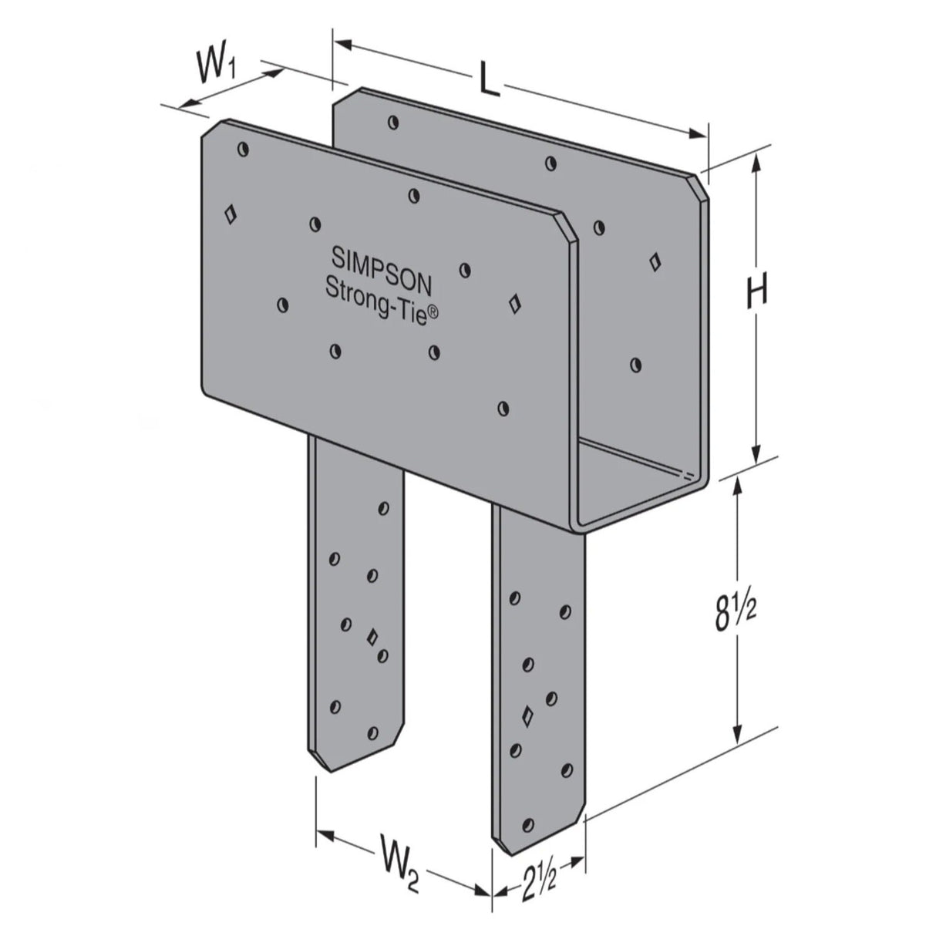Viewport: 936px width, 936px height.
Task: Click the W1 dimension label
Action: tap(215, 67)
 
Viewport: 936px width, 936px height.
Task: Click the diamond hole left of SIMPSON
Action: tap(229, 214)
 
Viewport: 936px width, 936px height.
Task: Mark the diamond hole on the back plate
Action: tap(655, 261)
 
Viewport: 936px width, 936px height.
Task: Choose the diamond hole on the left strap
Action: tap(372, 637)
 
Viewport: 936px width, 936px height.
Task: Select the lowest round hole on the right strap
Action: tap(528, 824)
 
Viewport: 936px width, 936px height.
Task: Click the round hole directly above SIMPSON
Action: tap(414, 195)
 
